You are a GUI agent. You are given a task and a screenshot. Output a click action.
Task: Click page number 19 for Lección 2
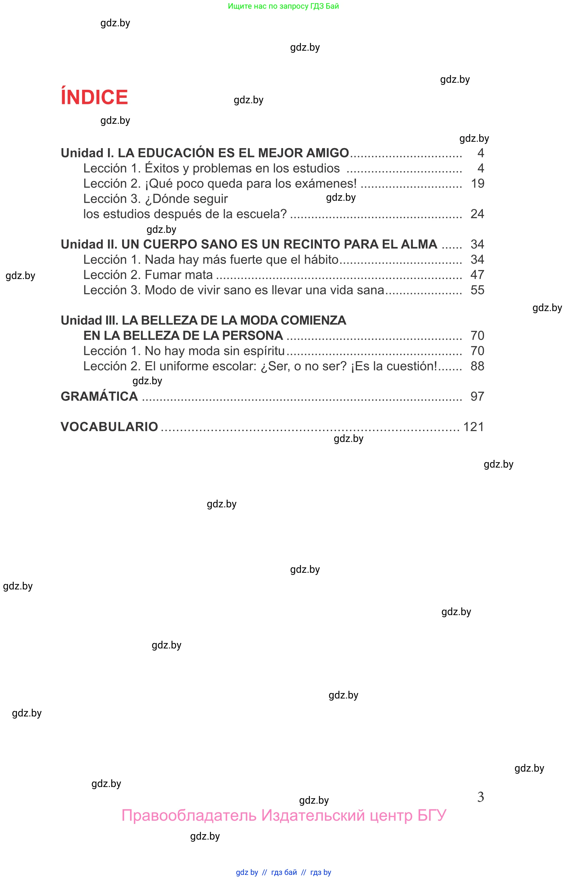point(477,183)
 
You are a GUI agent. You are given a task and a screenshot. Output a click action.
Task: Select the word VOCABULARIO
point(109,427)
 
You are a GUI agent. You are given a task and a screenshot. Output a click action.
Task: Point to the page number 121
point(473,427)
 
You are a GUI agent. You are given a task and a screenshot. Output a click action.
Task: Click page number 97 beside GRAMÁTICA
point(477,396)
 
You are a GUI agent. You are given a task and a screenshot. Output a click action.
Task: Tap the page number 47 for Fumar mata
point(477,275)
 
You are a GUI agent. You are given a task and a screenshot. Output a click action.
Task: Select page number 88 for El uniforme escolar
point(477,366)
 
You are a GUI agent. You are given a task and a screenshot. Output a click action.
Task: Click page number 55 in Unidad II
point(477,290)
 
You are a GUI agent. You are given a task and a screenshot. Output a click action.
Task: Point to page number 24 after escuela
point(477,214)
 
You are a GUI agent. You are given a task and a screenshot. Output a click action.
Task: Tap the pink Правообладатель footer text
point(284,815)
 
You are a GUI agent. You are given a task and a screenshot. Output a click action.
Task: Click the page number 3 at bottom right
point(480,797)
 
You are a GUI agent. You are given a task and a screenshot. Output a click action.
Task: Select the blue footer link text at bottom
point(283,872)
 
